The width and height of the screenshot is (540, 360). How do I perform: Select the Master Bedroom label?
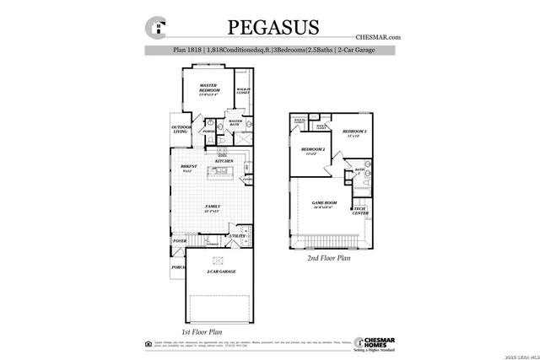(x=209, y=89)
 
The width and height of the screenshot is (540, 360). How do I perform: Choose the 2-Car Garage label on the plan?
(x=220, y=271)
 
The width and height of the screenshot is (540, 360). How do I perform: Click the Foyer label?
(x=179, y=241)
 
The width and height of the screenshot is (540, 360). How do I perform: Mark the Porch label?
(x=178, y=267)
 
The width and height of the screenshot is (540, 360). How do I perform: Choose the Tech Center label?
(x=359, y=211)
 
